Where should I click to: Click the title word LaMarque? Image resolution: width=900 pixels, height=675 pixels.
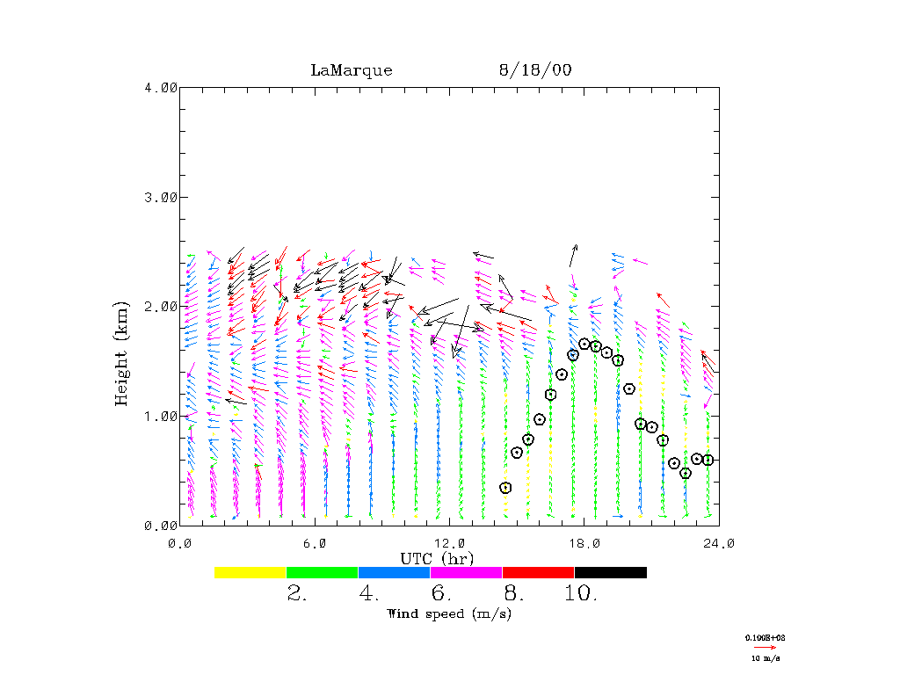[x=351, y=70]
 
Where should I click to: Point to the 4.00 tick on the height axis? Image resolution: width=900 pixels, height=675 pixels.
[x=160, y=87]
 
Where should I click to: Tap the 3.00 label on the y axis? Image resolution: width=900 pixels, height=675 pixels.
[x=160, y=197]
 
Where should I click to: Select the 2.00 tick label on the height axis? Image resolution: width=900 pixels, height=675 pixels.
[x=160, y=307]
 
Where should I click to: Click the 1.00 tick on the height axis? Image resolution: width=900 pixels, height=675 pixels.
[x=160, y=416]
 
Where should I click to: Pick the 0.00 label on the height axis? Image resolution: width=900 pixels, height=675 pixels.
[x=160, y=526]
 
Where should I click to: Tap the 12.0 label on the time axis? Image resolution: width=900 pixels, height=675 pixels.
[x=449, y=543]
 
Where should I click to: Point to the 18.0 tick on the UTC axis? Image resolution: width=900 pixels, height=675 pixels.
[x=584, y=543]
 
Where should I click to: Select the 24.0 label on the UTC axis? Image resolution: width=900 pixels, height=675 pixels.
[x=719, y=543]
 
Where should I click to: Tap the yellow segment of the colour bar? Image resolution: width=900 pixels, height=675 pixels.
[x=250, y=572]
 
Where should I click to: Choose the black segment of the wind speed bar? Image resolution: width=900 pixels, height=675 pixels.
[x=610, y=572]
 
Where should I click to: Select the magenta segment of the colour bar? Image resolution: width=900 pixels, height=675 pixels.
[x=466, y=572]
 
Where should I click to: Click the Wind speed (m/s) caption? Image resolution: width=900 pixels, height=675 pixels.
[x=449, y=613]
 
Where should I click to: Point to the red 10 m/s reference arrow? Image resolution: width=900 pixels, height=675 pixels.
[x=765, y=647]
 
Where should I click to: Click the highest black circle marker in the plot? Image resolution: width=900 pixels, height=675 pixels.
[x=584, y=344]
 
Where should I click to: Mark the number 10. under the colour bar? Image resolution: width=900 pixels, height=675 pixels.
[x=580, y=594]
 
